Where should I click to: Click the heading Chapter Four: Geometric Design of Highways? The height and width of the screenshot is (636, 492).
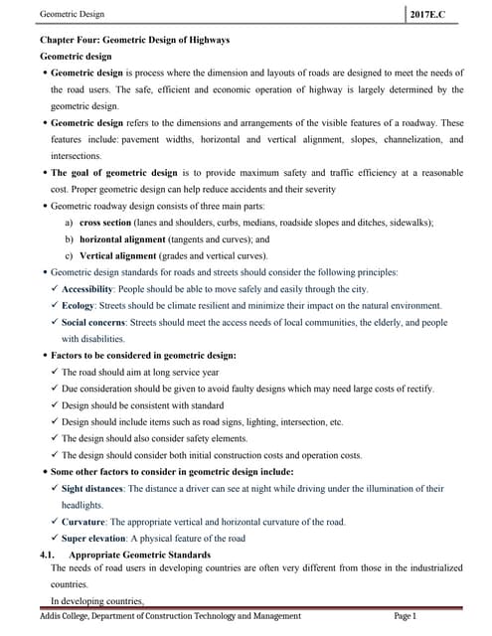pyautogui.click(x=134, y=40)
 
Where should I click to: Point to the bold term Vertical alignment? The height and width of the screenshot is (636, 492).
pyautogui.click(x=113, y=255)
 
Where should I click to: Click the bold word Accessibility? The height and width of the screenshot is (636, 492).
pyautogui.click(x=87, y=288)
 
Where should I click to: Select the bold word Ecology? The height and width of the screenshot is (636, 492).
pyautogui.click(x=78, y=305)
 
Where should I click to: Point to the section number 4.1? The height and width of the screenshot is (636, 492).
pyautogui.click(x=46, y=554)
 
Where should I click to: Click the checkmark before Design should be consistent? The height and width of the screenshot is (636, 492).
pyautogui.click(x=54, y=405)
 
